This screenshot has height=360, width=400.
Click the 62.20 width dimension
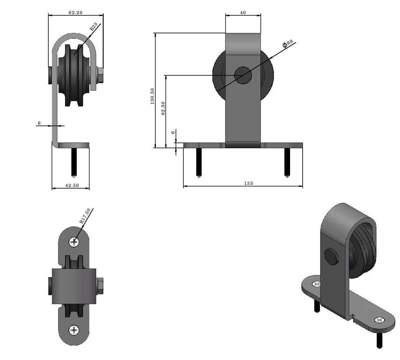pos(75,13)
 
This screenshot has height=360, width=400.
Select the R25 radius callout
pos(93,27)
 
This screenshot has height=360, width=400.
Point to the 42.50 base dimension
pos(71,186)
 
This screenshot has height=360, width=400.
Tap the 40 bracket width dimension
pos(243,13)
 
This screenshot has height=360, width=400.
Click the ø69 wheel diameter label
pos(288,44)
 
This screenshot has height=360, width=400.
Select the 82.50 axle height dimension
pos(163,109)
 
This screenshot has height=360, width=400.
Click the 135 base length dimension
pos(248,183)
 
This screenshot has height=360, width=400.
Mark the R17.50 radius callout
pos(85,216)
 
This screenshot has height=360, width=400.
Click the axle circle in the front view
pos(243,75)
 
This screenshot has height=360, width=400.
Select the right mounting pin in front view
pos(287,162)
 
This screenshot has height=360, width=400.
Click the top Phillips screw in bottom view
pos(74,242)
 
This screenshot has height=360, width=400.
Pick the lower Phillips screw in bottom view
pos(74,330)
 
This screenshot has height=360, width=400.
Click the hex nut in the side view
pos(99,75)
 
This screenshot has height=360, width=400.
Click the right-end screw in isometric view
pos(380,320)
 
